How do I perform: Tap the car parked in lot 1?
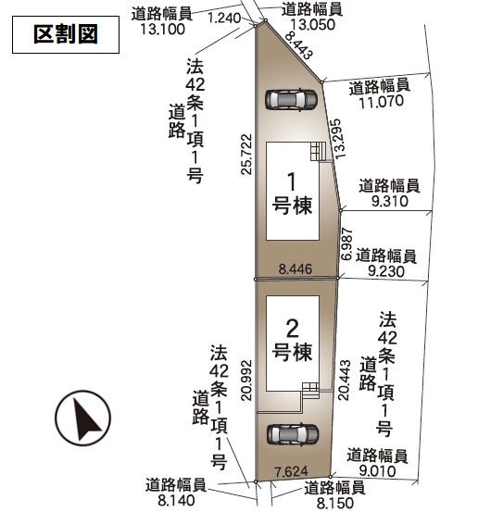tap(289, 98)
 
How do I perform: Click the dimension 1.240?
tap(225, 18)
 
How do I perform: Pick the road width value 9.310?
tap(388, 199)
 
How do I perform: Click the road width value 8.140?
tap(175, 498)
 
